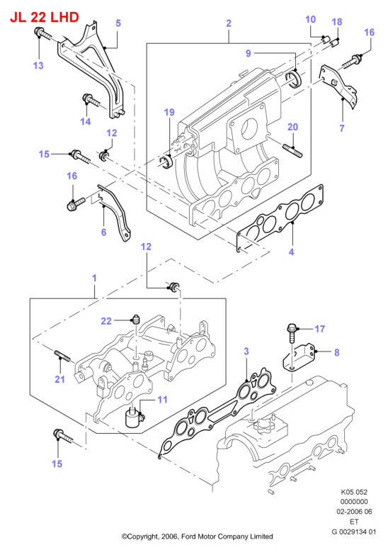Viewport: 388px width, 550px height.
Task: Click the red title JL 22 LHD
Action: (x=45, y=17)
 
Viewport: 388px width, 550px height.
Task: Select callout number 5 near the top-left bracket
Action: (x=118, y=23)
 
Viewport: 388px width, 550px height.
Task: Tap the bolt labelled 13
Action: (x=42, y=34)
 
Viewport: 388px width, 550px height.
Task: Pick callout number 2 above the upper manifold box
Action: (x=229, y=23)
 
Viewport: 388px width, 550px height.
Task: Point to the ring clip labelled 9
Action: (x=293, y=78)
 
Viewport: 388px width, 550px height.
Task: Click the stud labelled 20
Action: (x=292, y=150)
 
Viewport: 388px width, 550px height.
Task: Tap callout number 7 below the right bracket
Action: (x=342, y=128)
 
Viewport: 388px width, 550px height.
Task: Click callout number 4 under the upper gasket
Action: (x=291, y=252)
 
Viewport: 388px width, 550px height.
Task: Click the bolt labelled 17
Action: (x=292, y=333)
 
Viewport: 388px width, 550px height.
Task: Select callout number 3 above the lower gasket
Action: (x=246, y=351)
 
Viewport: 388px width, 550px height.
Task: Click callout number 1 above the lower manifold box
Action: (x=94, y=278)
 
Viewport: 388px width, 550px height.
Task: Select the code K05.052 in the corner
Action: (x=354, y=492)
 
